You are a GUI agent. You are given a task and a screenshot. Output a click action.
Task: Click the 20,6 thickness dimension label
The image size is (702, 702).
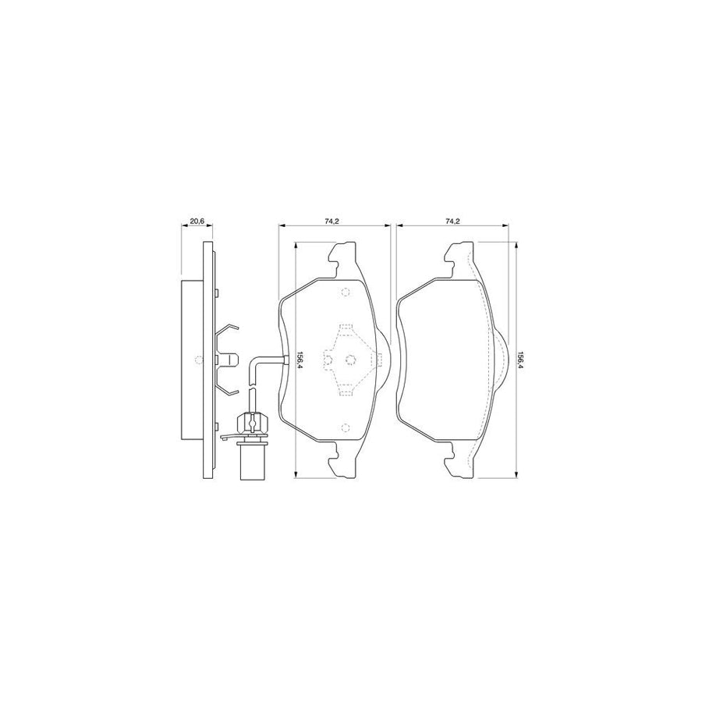click(197, 221)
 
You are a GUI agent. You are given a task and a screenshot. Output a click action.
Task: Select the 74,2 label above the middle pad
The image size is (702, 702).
click(332, 221)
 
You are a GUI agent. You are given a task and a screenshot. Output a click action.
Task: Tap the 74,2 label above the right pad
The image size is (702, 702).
click(452, 221)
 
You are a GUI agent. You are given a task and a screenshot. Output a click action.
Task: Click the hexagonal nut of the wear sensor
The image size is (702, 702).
click(253, 423)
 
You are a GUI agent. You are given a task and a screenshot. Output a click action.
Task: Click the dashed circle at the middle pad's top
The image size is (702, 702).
click(346, 292)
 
